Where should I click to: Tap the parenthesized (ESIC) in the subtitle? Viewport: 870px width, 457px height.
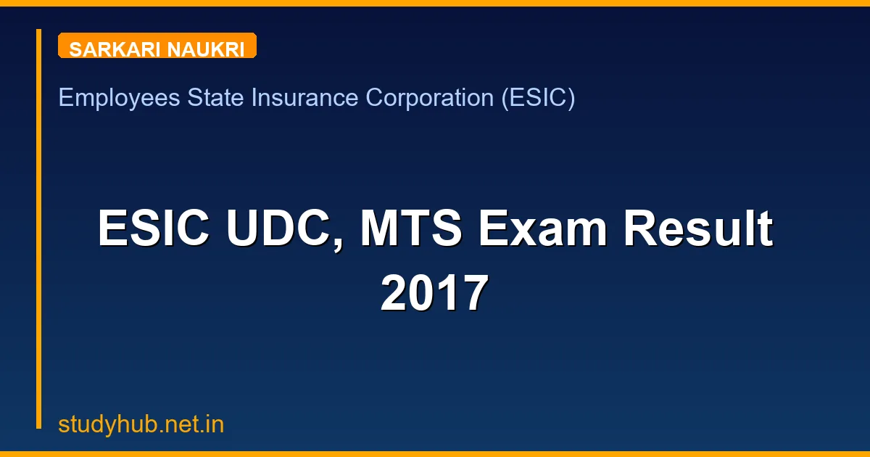pos(538,97)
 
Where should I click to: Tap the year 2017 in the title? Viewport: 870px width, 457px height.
pos(435,293)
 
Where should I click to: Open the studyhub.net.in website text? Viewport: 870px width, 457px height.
pos(141,425)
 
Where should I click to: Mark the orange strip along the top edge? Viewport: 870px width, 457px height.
pos(435,3)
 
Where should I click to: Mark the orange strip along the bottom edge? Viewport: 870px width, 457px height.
pos(435,454)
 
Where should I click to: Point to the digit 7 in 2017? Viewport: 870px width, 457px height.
pos(475,293)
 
